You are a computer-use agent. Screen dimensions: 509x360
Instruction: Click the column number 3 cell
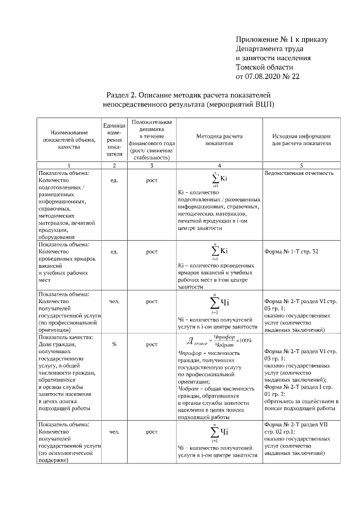tap(151, 165)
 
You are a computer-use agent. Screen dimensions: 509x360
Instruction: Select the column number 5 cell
tap(301, 165)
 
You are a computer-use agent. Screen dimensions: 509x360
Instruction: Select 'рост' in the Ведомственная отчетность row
tap(151, 181)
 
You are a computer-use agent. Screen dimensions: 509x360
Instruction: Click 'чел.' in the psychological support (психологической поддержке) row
tap(114, 432)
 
